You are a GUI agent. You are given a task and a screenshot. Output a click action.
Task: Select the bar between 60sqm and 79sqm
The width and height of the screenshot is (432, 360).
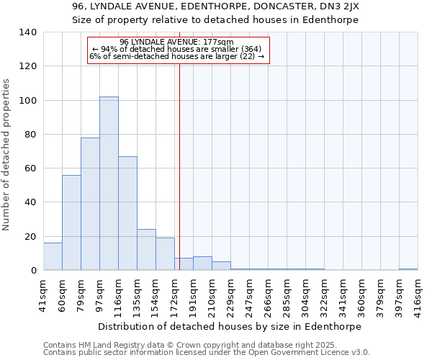tap(71, 222)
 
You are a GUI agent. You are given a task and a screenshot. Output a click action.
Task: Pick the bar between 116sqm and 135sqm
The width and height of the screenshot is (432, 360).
tap(127, 213)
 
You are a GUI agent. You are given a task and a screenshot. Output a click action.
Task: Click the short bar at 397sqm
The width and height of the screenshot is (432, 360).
tap(408, 269)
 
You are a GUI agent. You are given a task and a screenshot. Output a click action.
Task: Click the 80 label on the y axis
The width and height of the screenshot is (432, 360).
tap(31, 135)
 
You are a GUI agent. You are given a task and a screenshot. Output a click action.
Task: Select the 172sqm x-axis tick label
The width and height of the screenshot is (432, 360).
tap(174, 293)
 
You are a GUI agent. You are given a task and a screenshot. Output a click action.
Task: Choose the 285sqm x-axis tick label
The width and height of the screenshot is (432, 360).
tap(287, 293)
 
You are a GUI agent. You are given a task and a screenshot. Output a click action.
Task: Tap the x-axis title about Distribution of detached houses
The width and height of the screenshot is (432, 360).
tap(229, 326)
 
